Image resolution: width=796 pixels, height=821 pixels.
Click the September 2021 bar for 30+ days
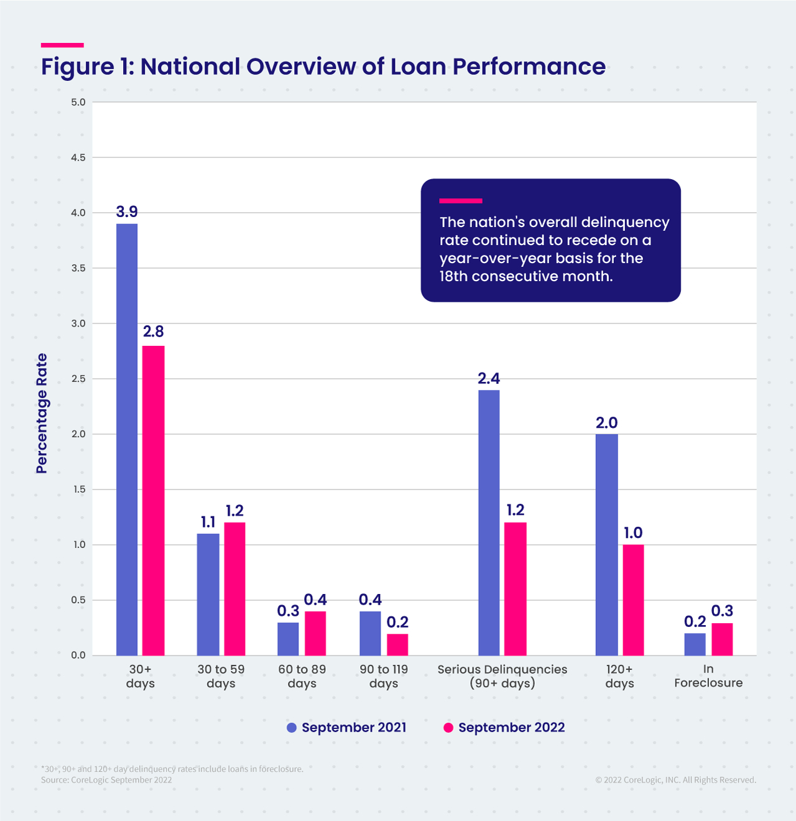127,439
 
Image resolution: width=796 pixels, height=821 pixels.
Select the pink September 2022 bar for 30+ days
154,500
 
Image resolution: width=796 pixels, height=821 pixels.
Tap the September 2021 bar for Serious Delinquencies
489,522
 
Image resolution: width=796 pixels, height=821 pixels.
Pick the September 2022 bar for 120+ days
633,600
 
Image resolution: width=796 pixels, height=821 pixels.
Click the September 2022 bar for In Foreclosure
722,639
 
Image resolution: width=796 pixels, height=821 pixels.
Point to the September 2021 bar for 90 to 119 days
370,633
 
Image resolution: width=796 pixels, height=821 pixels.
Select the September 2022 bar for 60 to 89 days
315,633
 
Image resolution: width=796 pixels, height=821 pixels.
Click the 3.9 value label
127,212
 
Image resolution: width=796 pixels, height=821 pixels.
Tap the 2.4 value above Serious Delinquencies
489,379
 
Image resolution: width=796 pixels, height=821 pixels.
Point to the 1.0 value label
633,533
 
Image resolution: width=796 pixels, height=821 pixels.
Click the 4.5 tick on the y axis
78,158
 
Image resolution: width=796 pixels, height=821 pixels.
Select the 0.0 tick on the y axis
78,656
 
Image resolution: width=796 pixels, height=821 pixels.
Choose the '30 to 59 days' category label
221,676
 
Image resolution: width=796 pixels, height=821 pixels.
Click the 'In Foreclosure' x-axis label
708,676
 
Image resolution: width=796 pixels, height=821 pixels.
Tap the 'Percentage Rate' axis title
42,413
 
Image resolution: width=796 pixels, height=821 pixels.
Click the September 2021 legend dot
292,728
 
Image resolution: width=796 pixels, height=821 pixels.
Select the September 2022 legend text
511,728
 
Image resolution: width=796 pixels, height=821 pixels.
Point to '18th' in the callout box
453,276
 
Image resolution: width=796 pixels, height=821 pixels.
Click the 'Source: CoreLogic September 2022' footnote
106,780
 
